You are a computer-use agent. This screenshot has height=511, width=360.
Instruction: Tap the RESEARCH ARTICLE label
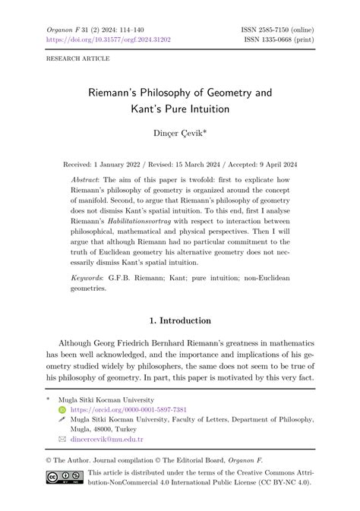(77, 58)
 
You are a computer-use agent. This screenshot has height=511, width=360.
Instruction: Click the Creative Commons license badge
(63, 477)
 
